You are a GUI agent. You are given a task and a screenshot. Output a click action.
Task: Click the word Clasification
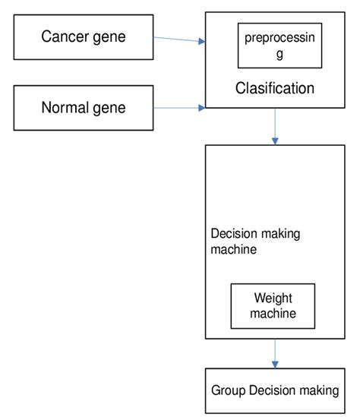click(274, 89)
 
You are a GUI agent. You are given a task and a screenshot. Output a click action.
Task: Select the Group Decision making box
click(274, 390)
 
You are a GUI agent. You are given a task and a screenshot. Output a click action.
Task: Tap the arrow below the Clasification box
click(275, 126)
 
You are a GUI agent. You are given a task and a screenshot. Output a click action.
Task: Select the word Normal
click(65, 107)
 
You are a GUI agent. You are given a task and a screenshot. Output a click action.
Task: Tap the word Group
click(229, 390)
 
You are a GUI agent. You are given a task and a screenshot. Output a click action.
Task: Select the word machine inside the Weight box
click(274, 312)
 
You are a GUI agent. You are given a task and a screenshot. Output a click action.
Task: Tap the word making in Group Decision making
click(319, 390)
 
